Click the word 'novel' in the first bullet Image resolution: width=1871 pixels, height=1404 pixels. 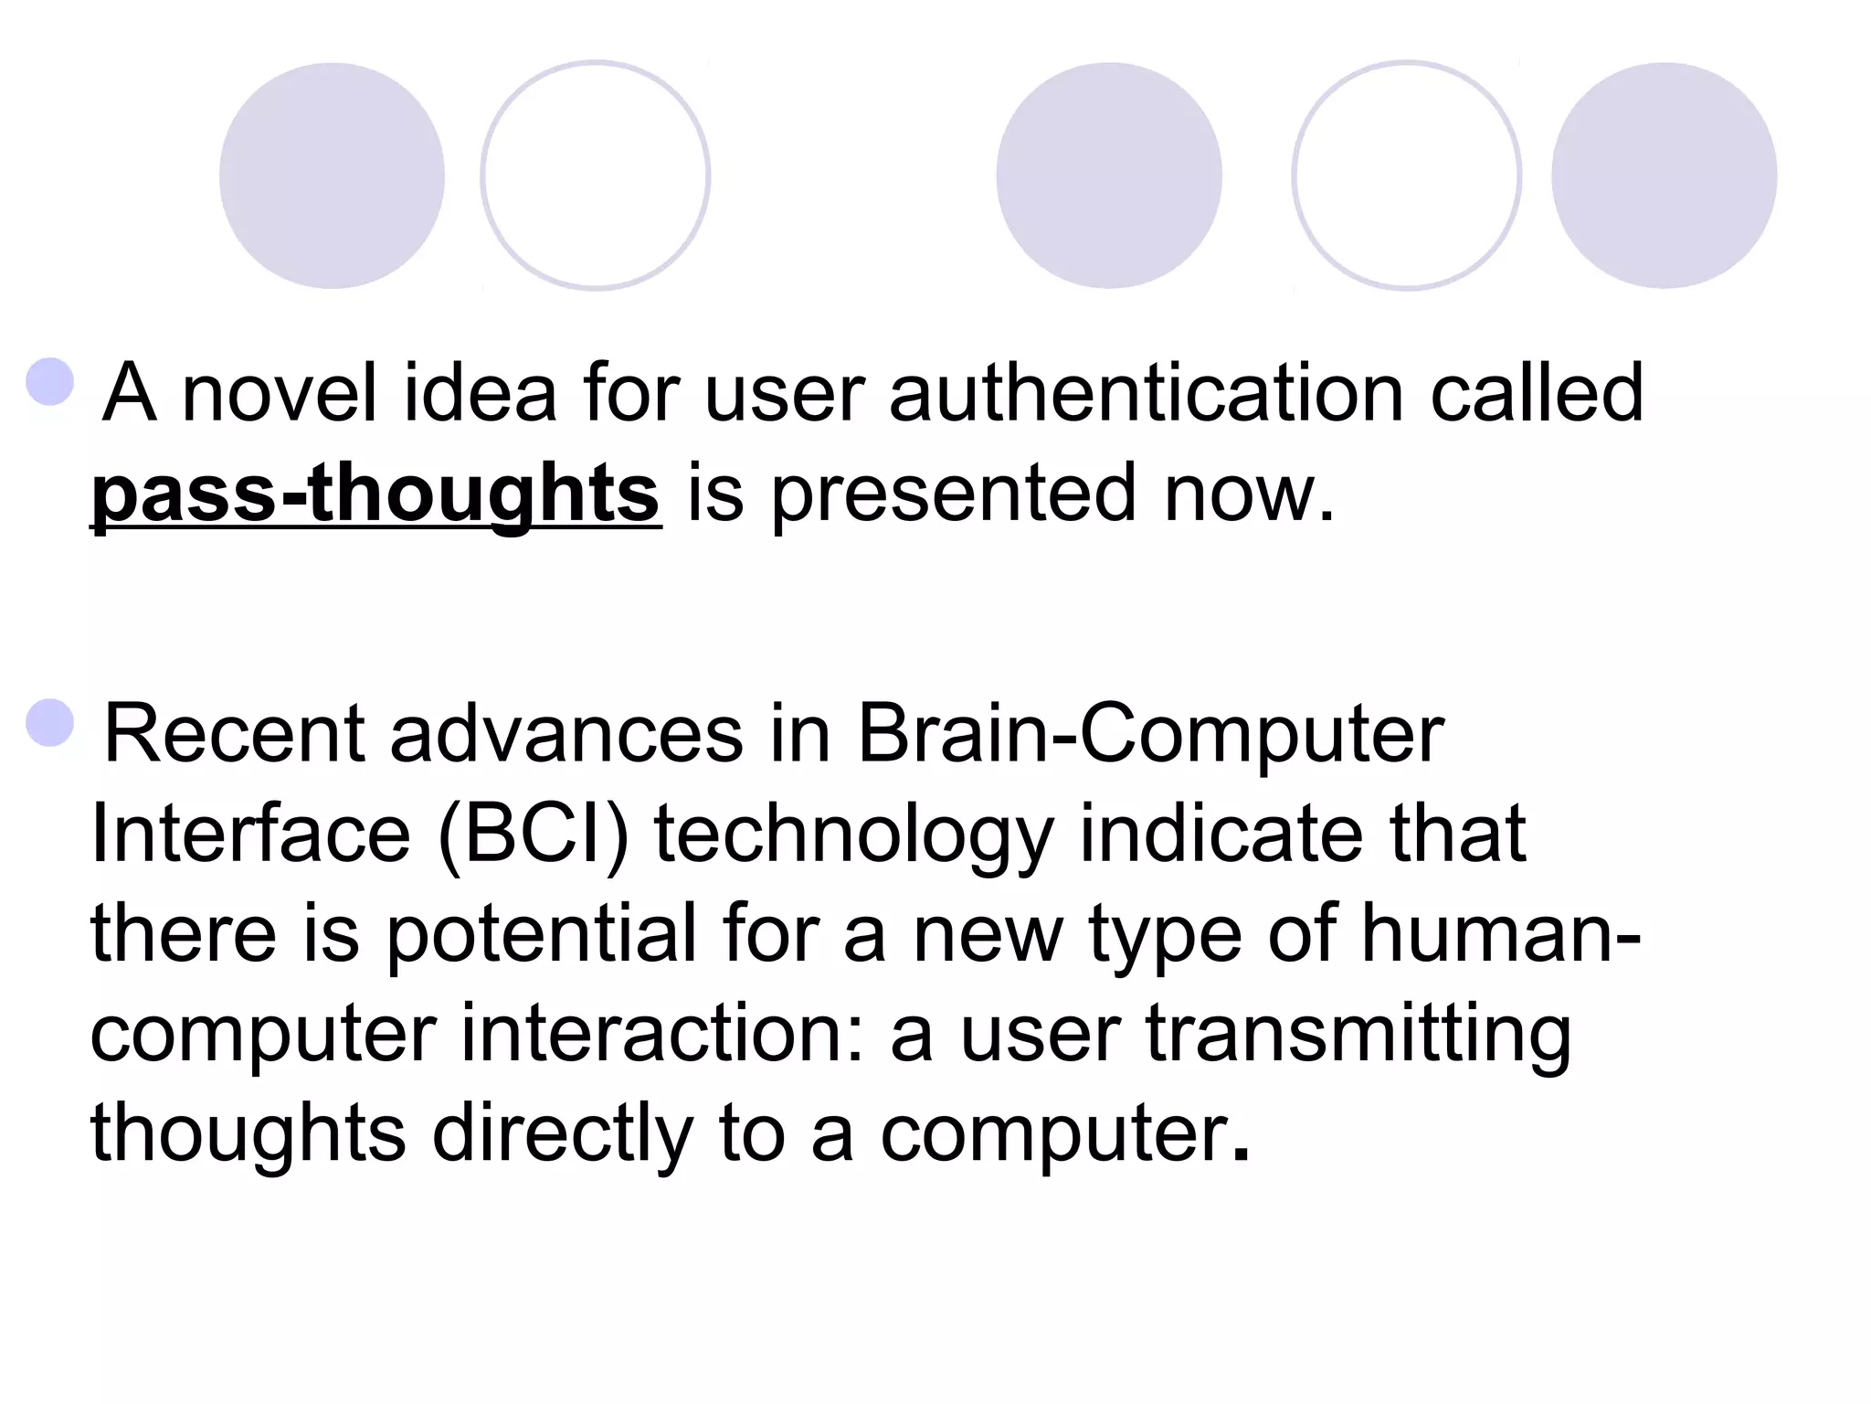click(279, 393)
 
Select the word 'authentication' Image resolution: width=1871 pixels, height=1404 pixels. click(1146, 393)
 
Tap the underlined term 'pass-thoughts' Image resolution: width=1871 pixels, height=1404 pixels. click(375, 494)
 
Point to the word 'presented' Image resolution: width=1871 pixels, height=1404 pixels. click(954, 494)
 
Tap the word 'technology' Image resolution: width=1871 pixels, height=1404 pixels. click(854, 836)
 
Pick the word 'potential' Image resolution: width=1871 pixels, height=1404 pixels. click(541, 934)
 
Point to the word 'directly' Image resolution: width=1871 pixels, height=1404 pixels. click(563, 1134)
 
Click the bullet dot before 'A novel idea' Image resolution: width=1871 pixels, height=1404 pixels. click(50, 381)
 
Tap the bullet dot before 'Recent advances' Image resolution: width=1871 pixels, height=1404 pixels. click(50, 723)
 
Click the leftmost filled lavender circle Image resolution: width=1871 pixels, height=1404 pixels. click(332, 175)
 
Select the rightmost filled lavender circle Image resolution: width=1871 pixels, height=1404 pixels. click(1664, 175)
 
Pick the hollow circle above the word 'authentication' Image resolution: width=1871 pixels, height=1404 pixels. click(1406, 175)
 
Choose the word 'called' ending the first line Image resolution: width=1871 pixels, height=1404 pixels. click(1537, 393)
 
